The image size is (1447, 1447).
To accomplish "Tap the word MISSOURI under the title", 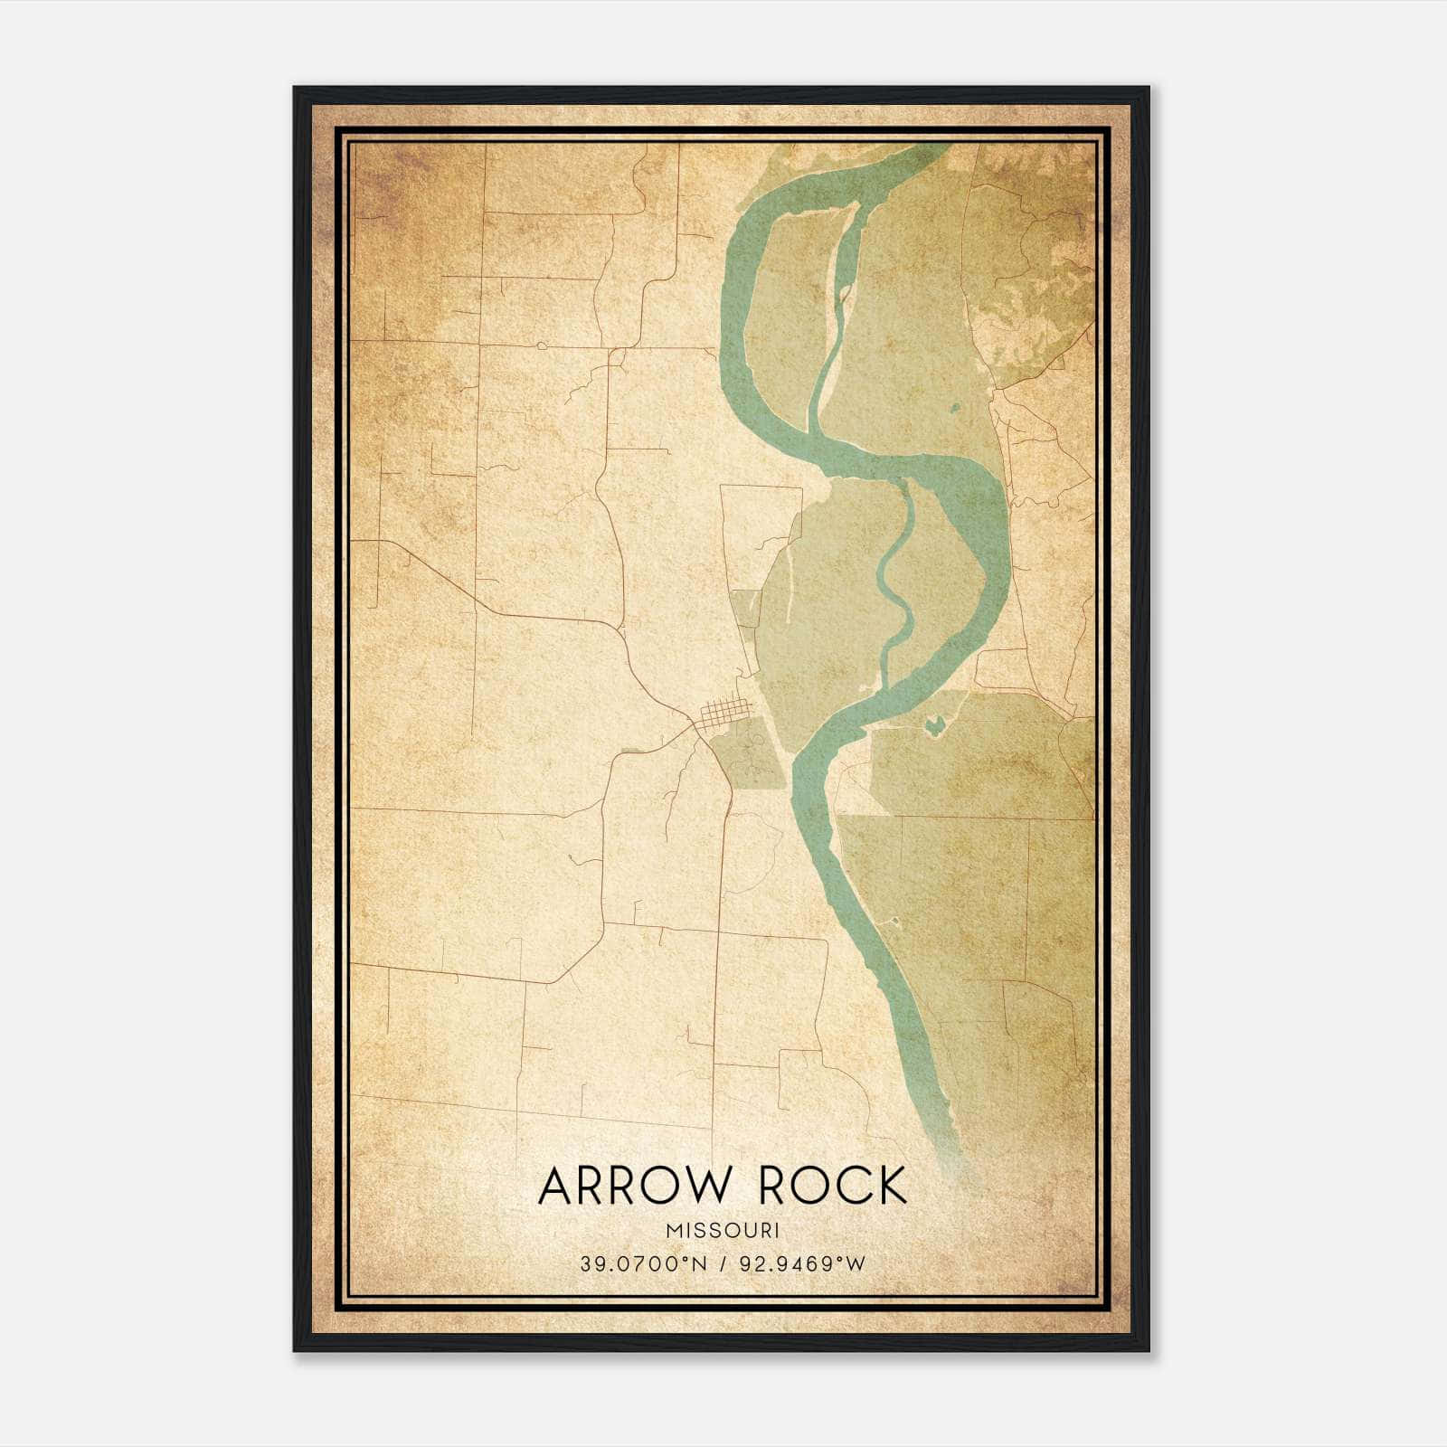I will (x=723, y=1231).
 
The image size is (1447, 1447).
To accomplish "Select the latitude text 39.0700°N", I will (x=639, y=1264).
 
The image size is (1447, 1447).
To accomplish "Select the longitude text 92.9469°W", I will (x=802, y=1264).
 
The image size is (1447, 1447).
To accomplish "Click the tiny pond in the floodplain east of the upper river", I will (x=955, y=409).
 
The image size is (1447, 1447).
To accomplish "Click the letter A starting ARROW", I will (x=557, y=1186).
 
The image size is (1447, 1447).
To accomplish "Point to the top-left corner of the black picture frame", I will (x=295, y=88).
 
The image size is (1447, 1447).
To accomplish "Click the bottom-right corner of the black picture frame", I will (x=1149, y=1350).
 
